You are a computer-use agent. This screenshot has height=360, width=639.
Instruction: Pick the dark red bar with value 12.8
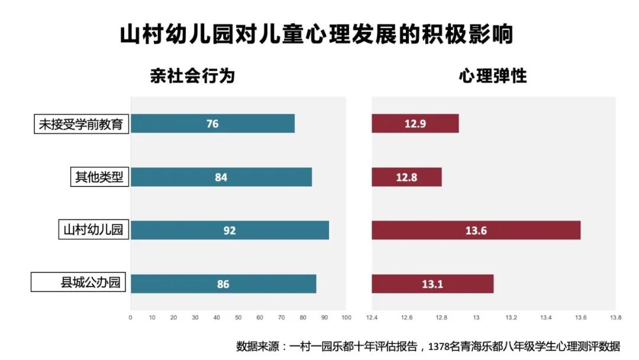406,177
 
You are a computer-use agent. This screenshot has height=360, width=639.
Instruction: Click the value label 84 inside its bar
221,178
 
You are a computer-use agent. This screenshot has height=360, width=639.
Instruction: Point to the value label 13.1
433,284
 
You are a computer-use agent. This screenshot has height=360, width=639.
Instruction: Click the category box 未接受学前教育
81,124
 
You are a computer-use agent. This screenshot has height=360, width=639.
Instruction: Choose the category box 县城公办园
80,282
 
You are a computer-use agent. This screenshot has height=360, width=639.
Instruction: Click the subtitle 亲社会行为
192,76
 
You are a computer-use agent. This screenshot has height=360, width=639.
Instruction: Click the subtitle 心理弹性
493,76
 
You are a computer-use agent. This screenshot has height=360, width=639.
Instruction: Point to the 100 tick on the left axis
347,318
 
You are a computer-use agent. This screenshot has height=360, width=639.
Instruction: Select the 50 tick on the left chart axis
238,318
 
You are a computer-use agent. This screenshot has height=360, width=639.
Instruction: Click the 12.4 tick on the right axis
372,318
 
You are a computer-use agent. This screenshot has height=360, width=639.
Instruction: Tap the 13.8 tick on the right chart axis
615,318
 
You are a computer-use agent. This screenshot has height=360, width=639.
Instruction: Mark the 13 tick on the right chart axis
476,318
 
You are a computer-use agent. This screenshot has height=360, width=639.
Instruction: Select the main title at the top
317,34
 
